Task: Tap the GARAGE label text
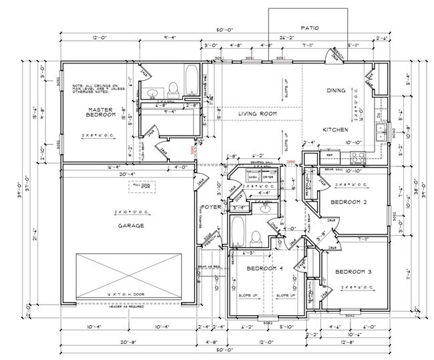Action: coord(131,226)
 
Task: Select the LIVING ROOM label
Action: coord(257,114)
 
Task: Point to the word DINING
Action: coord(336,90)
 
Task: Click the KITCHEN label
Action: coord(334,129)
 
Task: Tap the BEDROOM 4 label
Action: coord(266,268)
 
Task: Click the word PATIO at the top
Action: coord(310,28)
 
